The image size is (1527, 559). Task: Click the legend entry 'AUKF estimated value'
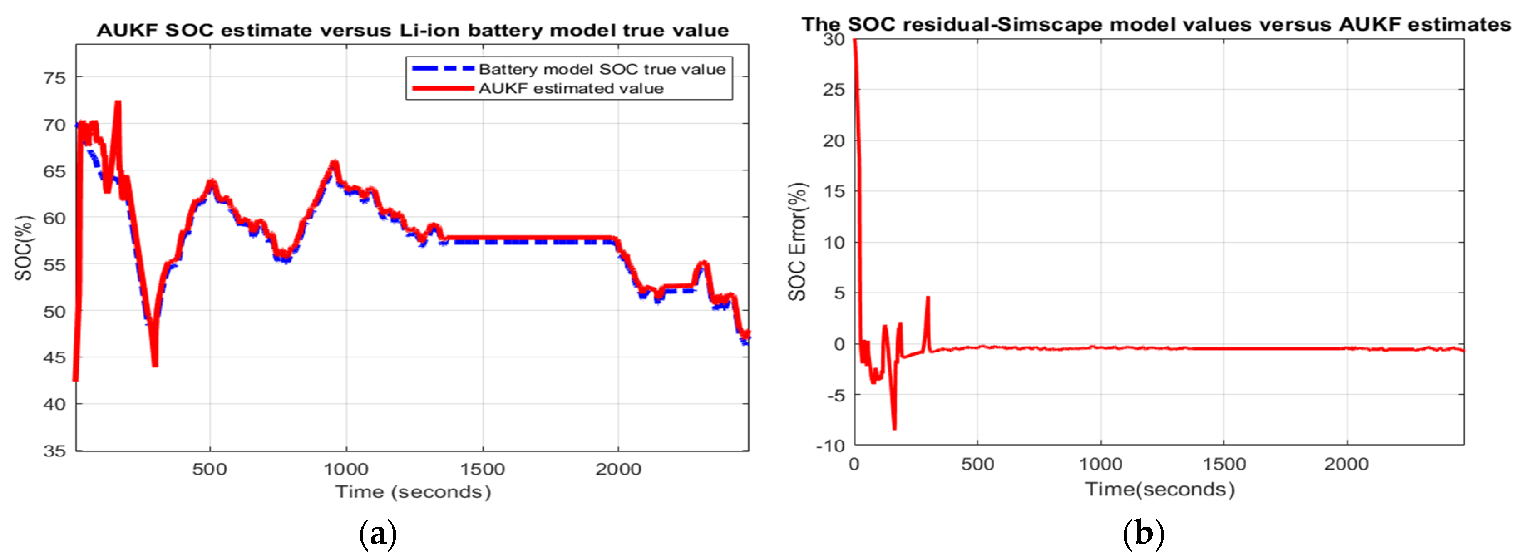click(x=570, y=89)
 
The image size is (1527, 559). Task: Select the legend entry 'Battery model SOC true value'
click(x=602, y=69)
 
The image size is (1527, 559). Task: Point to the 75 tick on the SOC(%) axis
click(x=54, y=78)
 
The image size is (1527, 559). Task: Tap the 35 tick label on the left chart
click(x=54, y=451)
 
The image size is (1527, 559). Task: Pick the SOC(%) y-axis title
click(x=23, y=248)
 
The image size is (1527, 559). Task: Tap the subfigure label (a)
click(x=377, y=534)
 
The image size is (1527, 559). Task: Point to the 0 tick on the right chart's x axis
click(x=854, y=464)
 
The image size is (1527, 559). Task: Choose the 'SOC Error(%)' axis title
click(x=798, y=242)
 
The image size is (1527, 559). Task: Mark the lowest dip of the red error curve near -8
click(x=895, y=427)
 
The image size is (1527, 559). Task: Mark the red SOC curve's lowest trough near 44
click(x=155, y=364)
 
